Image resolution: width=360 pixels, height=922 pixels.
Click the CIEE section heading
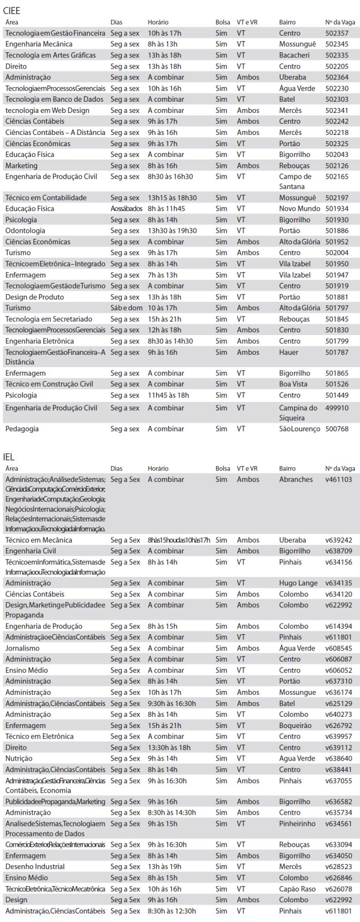click(x=12, y=11)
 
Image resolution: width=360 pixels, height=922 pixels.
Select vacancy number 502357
click(x=336, y=33)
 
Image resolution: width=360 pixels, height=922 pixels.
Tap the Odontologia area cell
click(x=25, y=231)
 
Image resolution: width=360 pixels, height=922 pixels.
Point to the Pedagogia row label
click(x=22, y=429)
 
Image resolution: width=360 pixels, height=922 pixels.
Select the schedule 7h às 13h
click(x=162, y=275)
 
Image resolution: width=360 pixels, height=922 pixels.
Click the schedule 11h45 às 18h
click(x=168, y=395)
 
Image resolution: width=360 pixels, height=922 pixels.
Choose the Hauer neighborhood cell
click(x=289, y=352)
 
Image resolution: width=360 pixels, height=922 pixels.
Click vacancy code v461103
click(x=338, y=480)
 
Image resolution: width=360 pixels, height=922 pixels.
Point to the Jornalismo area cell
click(x=22, y=648)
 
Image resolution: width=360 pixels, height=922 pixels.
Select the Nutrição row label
click(x=19, y=758)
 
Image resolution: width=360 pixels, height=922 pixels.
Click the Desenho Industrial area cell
click(x=35, y=866)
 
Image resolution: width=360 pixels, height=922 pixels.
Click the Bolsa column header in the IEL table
click(x=223, y=468)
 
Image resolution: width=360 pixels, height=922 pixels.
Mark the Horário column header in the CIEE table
click(x=158, y=22)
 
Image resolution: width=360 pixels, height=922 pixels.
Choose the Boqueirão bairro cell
click(x=295, y=725)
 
